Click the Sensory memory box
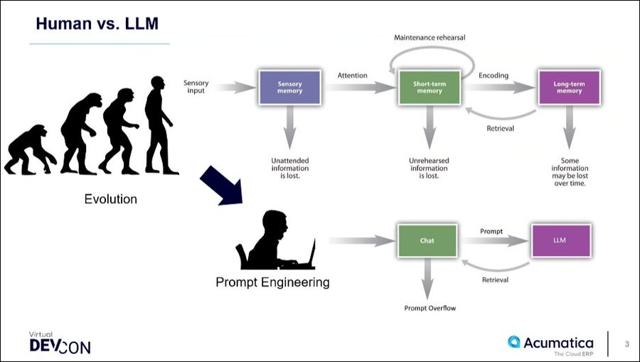click(290, 87)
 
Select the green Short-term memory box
click(428, 87)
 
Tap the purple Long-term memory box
click(567, 87)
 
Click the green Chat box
click(427, 240)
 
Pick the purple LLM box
click(561, 240)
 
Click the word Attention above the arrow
click(352, 75)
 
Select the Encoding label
click(493, 75)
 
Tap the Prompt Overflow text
click(430, 308)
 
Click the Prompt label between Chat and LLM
click(491, 230)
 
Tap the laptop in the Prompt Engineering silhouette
click(307, 253)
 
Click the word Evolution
click(110, 199)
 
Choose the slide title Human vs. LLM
click(97, 24)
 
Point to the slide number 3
click(626, 344)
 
